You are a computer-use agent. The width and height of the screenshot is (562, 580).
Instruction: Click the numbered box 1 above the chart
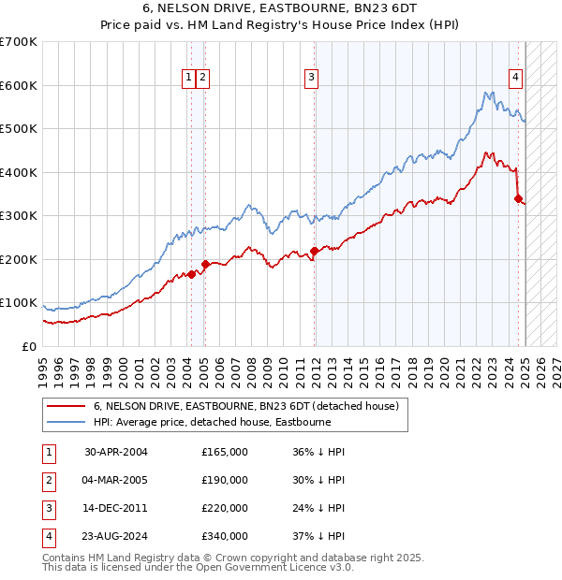coord(189,78)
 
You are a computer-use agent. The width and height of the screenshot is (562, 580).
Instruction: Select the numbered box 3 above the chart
coord(312,78)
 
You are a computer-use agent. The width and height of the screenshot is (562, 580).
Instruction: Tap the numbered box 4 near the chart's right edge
coord(515,78)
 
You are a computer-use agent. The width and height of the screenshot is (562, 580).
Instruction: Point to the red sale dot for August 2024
coord(518,198)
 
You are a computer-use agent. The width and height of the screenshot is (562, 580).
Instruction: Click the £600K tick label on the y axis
coord(19,85)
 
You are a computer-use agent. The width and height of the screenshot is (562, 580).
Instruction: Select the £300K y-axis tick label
coord(19,215)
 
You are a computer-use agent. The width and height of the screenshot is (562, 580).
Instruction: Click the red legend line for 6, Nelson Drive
coord(66,406)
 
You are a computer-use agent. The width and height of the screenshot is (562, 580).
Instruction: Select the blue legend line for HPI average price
coord(66,422)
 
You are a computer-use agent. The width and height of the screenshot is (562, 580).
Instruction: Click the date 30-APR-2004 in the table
coord(116,452)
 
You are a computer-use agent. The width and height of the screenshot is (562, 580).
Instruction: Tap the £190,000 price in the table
coord(225,480)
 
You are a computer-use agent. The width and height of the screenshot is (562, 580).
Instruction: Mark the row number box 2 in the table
coord(48,480)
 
